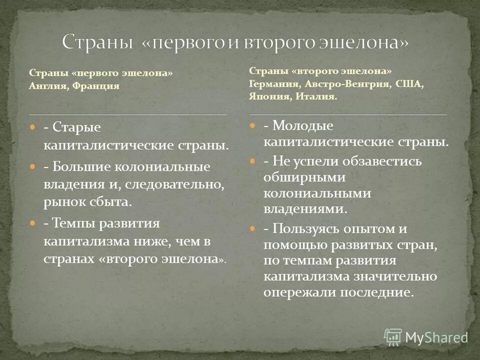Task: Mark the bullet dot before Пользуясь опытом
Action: (x=253, y=228)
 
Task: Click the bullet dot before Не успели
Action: (x=253, y=161)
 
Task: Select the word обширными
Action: (x=298, y=177)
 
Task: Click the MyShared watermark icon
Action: (x=393, y=337)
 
